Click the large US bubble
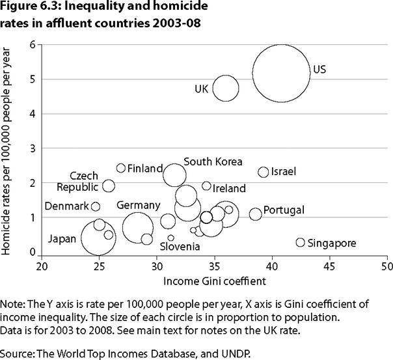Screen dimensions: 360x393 coord(280,73)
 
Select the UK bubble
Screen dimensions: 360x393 coord(226,89)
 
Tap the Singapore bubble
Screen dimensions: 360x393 coord(300,242)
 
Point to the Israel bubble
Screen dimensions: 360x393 coord(264,172)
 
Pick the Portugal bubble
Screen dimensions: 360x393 coord(255,214)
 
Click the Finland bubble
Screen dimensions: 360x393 coord(121,169)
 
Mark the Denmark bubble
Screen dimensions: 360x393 coord(96,206)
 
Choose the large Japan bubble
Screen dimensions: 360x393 coord(98,237)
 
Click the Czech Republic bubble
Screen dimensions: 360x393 coord(109,186)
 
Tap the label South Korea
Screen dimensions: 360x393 coord(213,161)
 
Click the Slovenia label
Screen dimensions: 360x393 coord(181,247)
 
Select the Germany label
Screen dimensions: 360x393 coord(138,205)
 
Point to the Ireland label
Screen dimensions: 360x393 coord(229,189)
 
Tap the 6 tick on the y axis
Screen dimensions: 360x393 coord(32,44)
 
